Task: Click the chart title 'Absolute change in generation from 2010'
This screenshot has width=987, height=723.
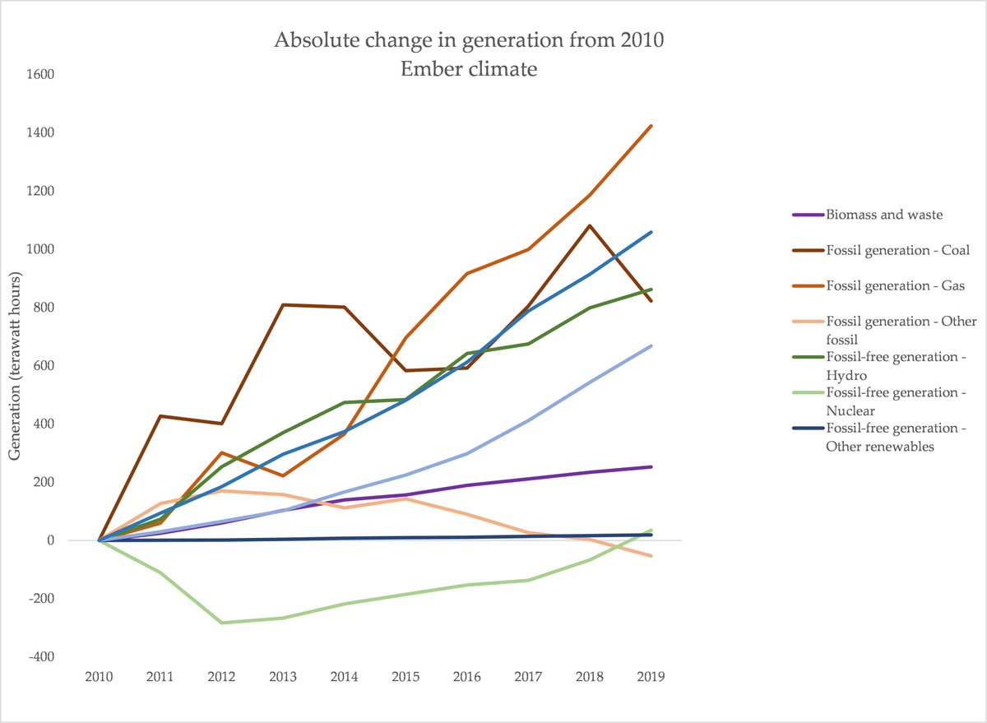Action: click(x=468, y=40)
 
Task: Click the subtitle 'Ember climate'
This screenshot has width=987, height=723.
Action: click(x=468, y=68)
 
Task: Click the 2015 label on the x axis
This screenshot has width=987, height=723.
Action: click(x=405, y=678)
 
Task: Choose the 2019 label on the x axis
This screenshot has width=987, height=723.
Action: click(x=651, y=678)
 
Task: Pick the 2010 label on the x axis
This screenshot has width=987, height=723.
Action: click(x=99, y=678)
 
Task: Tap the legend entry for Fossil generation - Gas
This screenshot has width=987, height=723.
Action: click(x=884, y=285)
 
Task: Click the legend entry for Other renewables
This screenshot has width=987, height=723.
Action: click(x=895, y=436)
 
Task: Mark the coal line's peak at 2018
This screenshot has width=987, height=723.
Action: click(x=590, y=225)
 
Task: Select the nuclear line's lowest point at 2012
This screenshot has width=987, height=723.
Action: click(x=221, y=623)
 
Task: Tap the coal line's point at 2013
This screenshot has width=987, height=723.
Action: click(x=283, y=305)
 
